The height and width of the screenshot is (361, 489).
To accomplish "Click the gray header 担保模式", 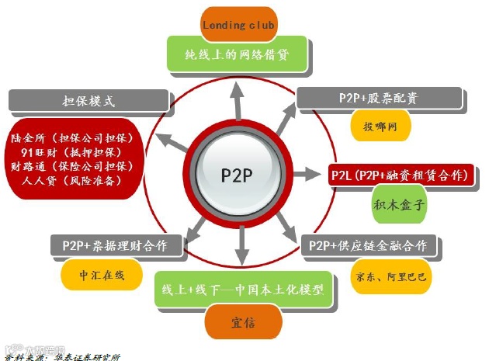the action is [88, 101].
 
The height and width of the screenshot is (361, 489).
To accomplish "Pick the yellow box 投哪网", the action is [380, 126].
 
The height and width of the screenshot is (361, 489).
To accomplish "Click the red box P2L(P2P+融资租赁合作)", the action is [401, 175].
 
